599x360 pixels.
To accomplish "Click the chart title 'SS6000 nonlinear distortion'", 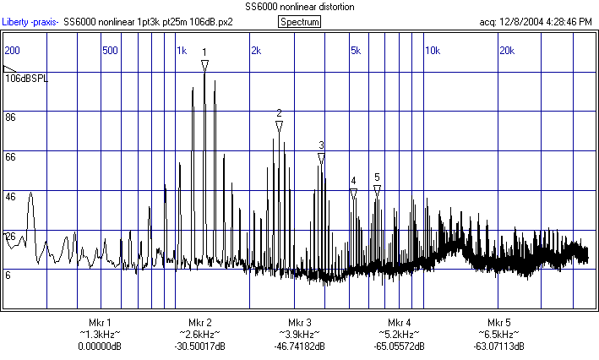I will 300,7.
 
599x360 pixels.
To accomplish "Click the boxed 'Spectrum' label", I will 299,22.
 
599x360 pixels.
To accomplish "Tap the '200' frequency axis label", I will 13,51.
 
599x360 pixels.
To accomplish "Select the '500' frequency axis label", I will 109,51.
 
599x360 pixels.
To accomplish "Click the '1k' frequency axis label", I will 181,51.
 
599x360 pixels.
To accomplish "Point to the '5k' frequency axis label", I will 355,51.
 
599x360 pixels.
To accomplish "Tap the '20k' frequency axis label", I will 507,51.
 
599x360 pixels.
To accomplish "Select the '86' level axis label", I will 11,117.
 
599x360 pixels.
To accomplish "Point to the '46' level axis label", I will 11,196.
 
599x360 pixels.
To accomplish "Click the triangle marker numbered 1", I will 204,64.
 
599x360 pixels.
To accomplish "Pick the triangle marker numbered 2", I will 279,126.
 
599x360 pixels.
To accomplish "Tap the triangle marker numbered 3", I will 321,158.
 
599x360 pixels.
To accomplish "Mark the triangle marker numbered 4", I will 353,193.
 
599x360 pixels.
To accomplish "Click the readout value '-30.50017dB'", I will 199,346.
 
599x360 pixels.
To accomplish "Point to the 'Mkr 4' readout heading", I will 400,323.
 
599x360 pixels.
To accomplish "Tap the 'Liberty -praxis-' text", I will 30,22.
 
